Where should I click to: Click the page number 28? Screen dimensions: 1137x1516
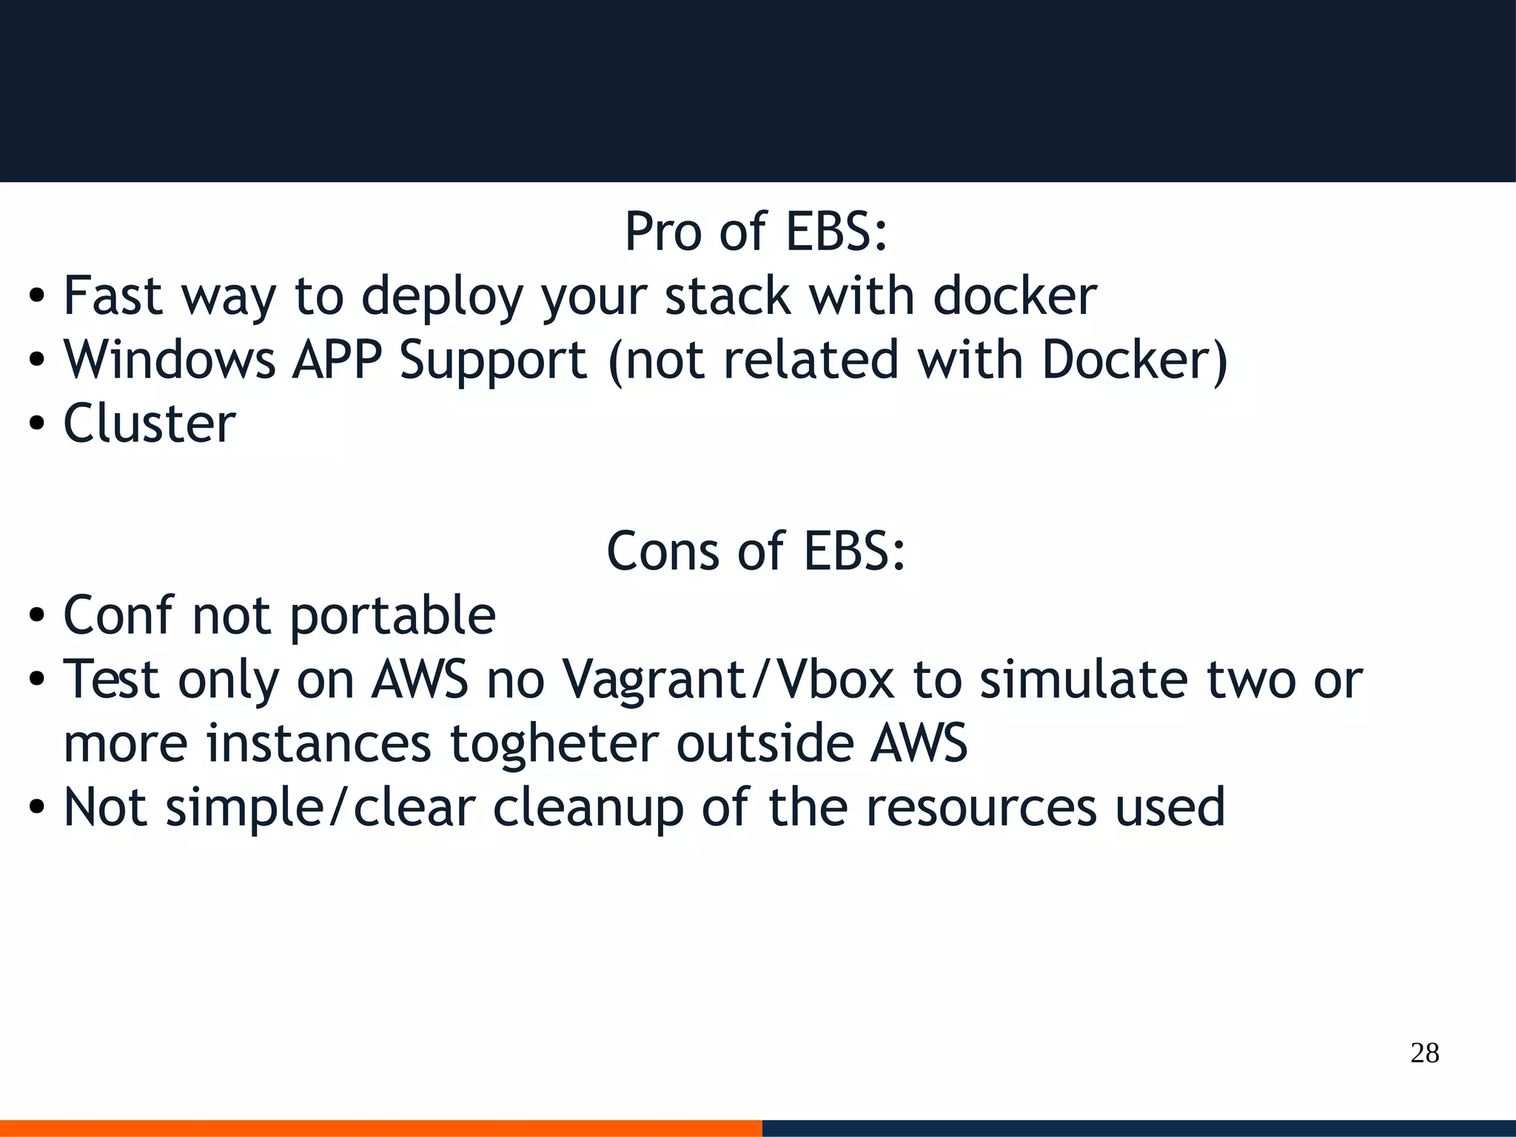click(1424, 1053)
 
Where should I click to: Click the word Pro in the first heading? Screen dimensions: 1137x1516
click(663, 232)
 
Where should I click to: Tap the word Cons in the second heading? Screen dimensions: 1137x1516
click(663, 551)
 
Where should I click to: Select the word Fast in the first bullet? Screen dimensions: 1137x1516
click(113, 295)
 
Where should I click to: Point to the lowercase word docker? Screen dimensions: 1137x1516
click(1015, 295)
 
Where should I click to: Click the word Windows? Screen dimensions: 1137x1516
click(170, 360)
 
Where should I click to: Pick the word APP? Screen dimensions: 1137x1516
click(338, 360)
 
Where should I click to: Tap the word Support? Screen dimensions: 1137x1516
click(494, 361)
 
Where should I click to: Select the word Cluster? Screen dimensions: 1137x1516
click(150, 423)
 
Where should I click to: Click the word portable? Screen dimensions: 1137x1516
click(392, 616)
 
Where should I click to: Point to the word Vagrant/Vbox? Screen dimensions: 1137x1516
click(728, 680)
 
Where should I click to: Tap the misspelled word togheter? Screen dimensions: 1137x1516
click(554, 743)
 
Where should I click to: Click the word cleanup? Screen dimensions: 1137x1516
click(588, 808)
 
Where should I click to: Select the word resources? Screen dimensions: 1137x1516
click(981, 808)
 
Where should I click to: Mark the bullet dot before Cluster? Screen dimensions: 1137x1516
click(36, 425)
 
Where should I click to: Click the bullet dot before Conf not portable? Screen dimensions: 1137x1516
click(36, 617)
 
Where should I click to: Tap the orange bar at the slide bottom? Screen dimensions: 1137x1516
click(380, 1128)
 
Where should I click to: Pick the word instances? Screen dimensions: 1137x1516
click(318, 743)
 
